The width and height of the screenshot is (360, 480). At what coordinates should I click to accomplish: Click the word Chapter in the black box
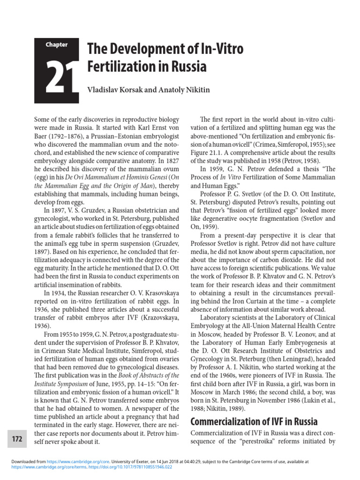click(x=57, y=45)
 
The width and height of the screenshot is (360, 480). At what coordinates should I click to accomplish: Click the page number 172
click(x=17, y=439)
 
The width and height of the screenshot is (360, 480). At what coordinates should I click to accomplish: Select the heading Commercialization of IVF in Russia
click(x=254, y=421)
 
